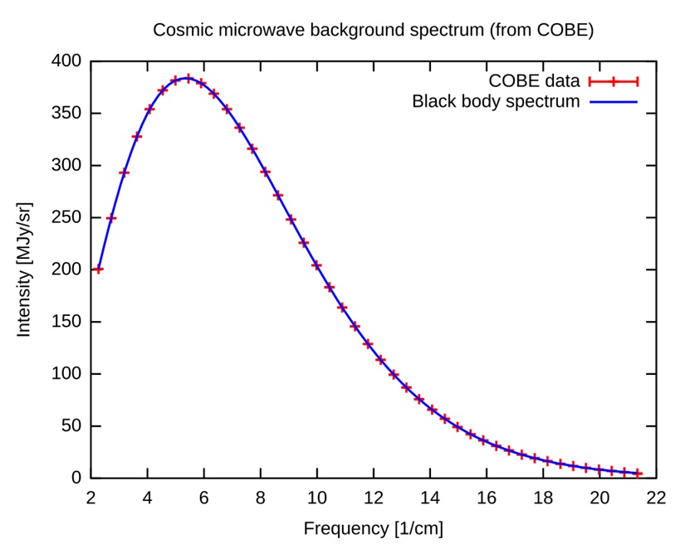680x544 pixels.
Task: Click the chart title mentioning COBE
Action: pos(373,30)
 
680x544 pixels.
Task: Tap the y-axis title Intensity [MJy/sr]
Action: pos(24,269)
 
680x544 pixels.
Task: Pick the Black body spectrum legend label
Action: pos(496,102)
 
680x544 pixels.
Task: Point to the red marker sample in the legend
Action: pos(613,80)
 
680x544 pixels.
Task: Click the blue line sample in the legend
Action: pos(613,102)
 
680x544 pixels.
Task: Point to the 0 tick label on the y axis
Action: pos(76,478)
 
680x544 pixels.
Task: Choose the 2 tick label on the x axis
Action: pos(91,498)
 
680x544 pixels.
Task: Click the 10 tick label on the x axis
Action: pos(316,498)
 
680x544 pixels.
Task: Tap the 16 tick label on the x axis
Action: pos(486,498)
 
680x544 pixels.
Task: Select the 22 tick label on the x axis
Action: pos(655,498)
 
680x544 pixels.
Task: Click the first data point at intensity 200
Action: pos(99,270)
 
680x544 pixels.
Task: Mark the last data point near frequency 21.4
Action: pos(638,474)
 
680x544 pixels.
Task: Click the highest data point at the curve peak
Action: pos(188,79)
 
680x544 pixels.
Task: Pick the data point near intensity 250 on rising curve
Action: pos(111,218)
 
